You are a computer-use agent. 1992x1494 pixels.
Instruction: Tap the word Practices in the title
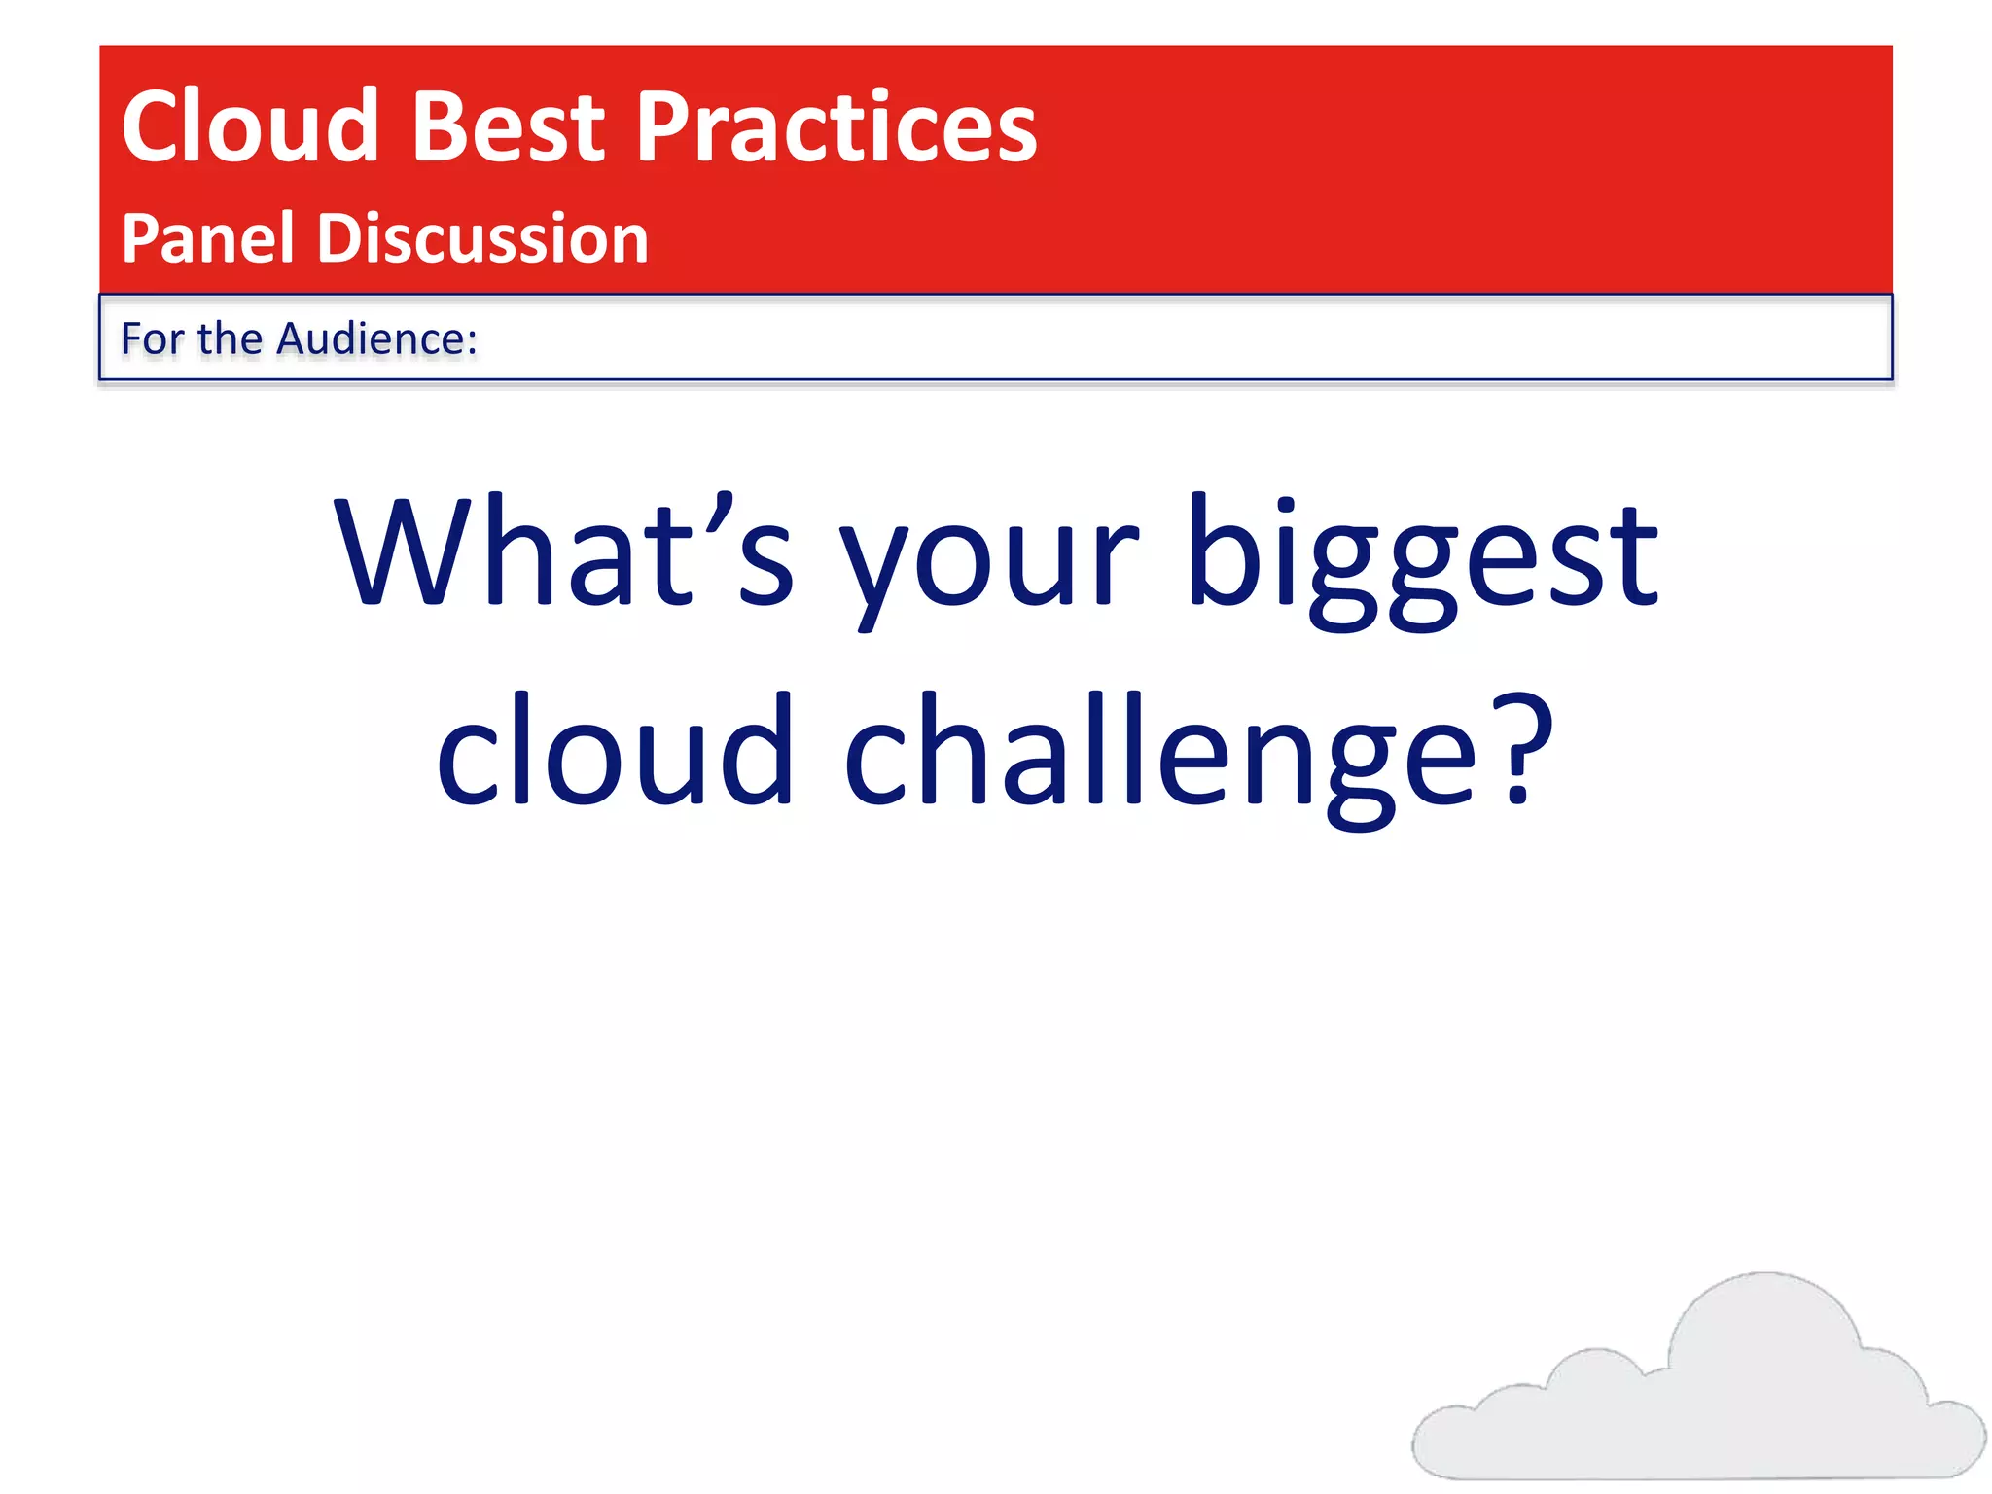point(836,128)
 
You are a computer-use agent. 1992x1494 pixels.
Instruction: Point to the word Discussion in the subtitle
point(482,238)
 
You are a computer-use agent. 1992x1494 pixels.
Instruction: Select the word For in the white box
point(152,338)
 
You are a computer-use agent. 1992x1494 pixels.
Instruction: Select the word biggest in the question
point(1422,559)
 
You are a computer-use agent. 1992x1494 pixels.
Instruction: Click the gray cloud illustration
point(1712,1401)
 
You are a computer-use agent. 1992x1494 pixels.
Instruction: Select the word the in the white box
point(230,338)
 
